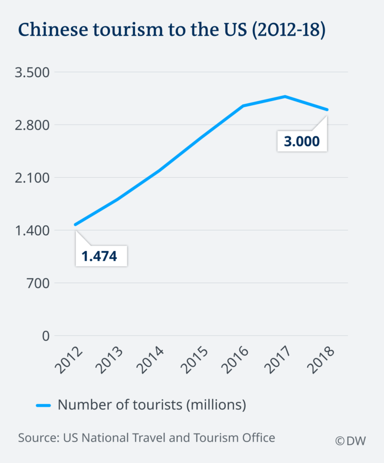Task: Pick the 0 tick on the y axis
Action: coord(46,336)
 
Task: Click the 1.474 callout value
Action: coord(99,256)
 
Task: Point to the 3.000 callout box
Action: coord(302,142)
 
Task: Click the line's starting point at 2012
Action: coord(76,225)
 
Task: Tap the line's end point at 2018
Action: coord(328,110)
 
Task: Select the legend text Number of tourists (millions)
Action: coord(152,405)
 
